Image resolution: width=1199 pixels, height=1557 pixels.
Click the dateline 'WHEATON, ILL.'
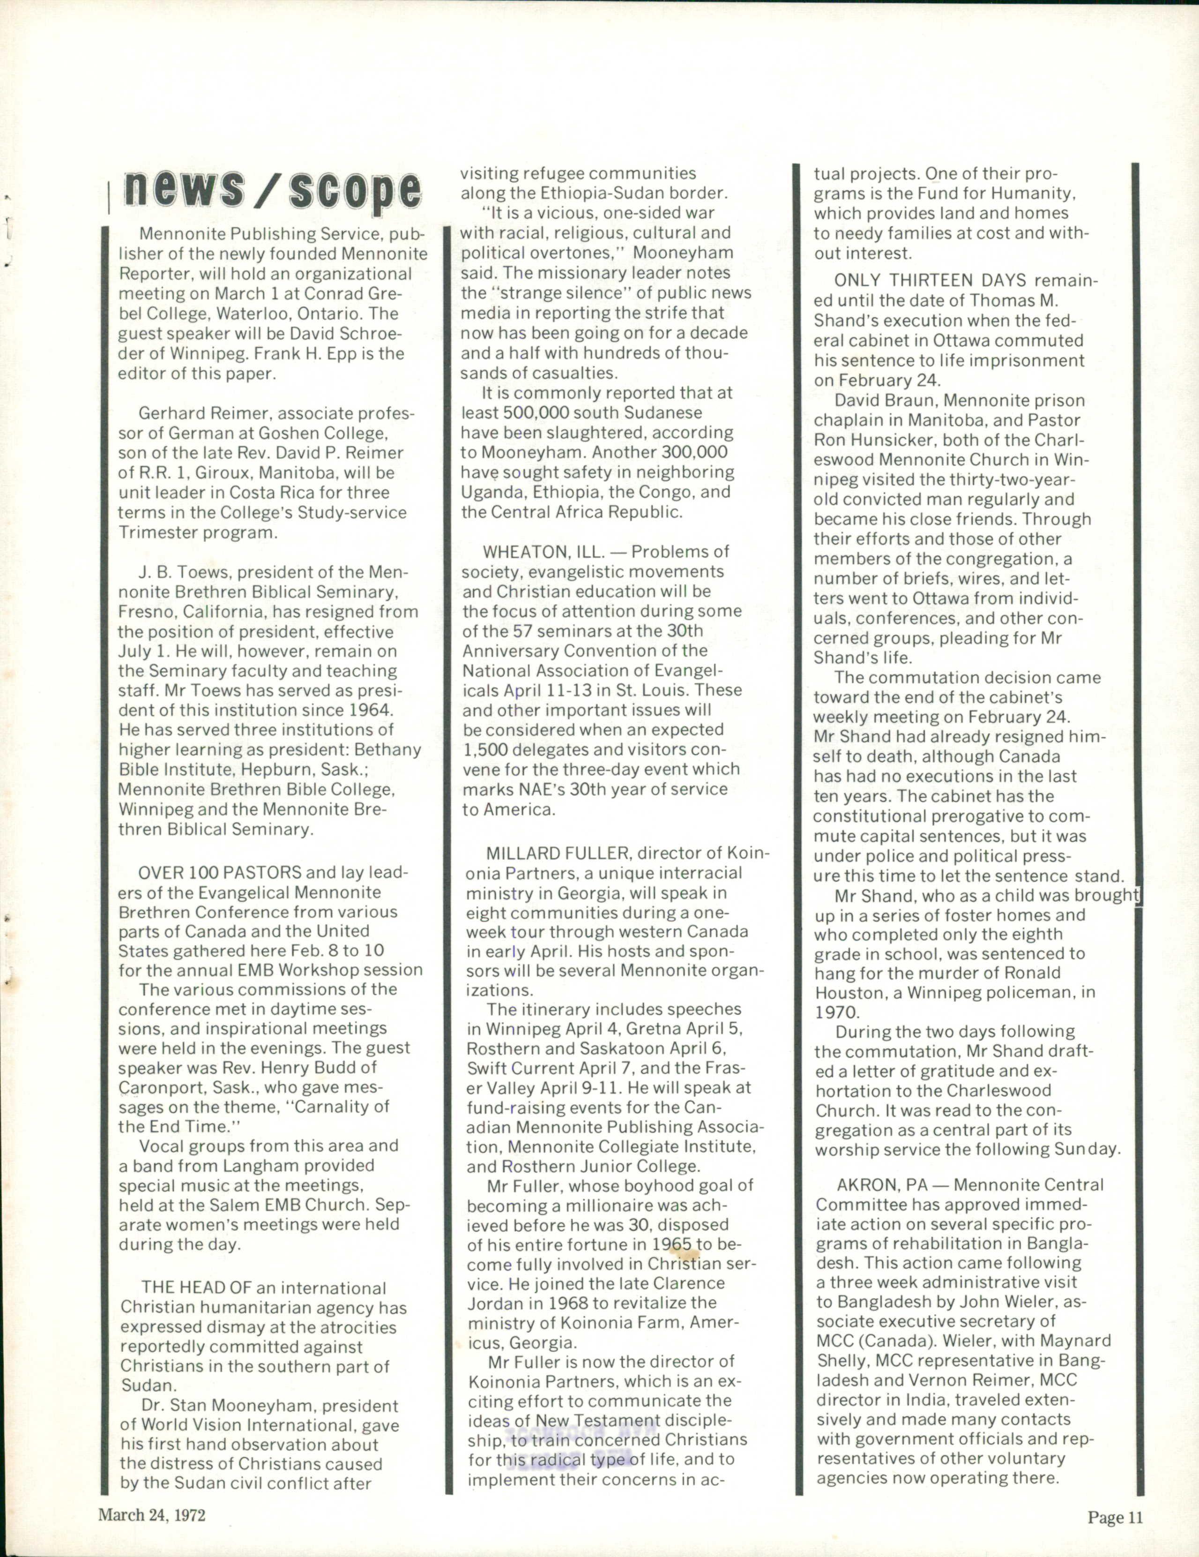tap(543, 551)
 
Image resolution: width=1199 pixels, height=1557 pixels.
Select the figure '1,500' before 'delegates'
tap(482, 750)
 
